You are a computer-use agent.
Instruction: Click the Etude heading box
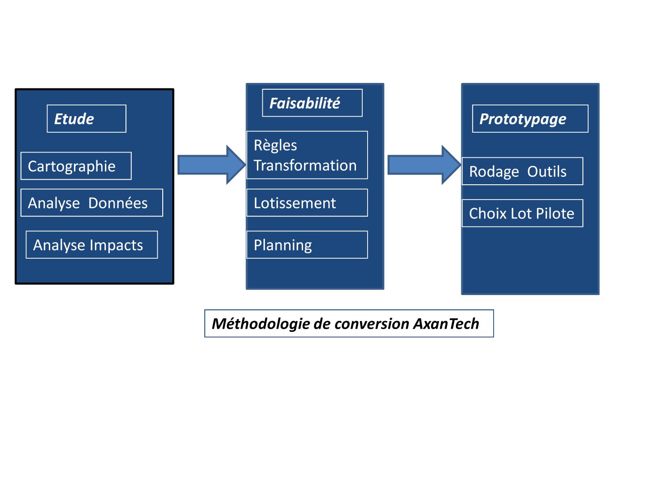coord(87,118)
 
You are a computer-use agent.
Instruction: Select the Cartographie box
coord(76,165)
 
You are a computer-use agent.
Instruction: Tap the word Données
coord(118,203)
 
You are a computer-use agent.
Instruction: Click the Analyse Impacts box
coord(91,244)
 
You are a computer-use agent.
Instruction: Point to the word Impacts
coord(116,245)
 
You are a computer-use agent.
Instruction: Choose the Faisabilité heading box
coord(312,103)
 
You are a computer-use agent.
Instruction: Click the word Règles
coord(275,145)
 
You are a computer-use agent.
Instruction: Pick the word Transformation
coord(305,165)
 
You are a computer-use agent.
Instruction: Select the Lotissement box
coord(307,202)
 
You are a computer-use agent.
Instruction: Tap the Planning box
coord(307,244)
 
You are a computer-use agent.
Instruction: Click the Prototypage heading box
coord(529,118)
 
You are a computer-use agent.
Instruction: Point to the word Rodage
coord(494,171)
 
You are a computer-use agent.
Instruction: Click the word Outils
coord(546,171)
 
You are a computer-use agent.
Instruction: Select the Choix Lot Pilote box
coord(522,213)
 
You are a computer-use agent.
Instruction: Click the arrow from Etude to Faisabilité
coord(212,165)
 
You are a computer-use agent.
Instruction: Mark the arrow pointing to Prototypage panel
coord(425,165)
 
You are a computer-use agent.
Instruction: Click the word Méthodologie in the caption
coord(260,323)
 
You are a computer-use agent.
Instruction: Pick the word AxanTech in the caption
coord(446,323)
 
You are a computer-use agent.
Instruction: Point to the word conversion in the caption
coord(372,324)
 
